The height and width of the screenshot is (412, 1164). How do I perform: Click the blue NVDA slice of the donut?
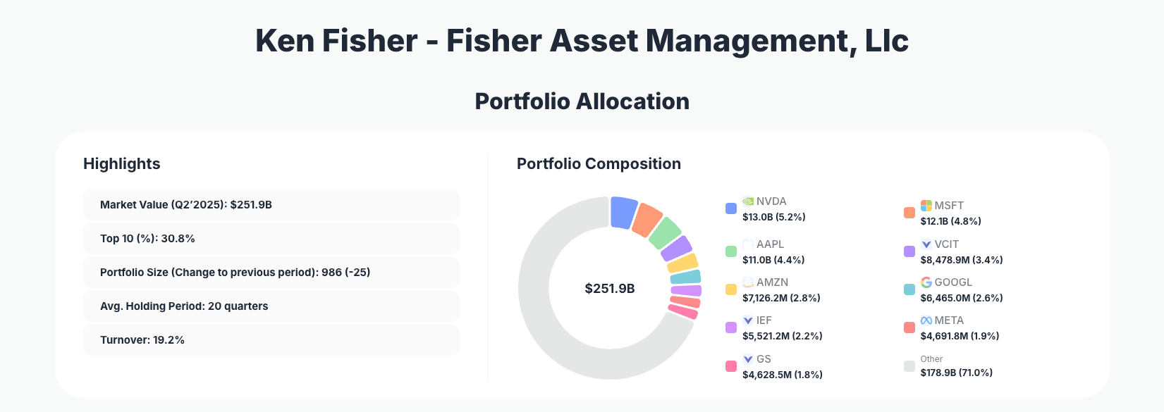click(x=623, y=212)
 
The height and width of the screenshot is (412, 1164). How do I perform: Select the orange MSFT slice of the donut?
click(x=647, y=220)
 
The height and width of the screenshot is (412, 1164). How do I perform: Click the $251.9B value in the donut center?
click(x=610, y=289)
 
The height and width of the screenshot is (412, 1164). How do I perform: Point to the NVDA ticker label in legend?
click(x=771, y=201)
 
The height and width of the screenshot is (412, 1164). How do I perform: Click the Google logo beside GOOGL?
click(x=926, y=282)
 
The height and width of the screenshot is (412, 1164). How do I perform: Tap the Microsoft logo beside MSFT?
click(x=926, y=206)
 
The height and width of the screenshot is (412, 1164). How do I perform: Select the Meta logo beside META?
click(x=926, y=320)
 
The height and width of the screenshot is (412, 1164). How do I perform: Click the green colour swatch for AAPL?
click(x=731, y=251)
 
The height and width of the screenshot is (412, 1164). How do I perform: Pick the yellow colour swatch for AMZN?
click(x=731, y=289)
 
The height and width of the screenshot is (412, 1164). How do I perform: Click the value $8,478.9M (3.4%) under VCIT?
click(x=962, y=260)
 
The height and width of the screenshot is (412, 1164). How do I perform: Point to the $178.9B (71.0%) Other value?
click(x=956, y=373)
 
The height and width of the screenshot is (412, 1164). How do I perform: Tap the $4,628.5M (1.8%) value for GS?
click(x=783, y=375)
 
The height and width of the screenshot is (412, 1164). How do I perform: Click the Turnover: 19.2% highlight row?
click(x=271, y=340)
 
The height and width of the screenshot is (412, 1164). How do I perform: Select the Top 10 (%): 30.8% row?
click(x=271, y=239)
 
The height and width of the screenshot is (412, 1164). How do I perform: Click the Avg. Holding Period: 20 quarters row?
click(x=271, y=306)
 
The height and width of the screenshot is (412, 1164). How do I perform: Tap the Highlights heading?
click(x=122, y=164)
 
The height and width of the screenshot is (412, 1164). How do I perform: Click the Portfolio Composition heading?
click(x=599, y=164)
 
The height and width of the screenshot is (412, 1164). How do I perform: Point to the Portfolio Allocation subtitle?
click(x=582, y=101)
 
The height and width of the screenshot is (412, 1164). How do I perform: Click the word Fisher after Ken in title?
click(x=370, y=41)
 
